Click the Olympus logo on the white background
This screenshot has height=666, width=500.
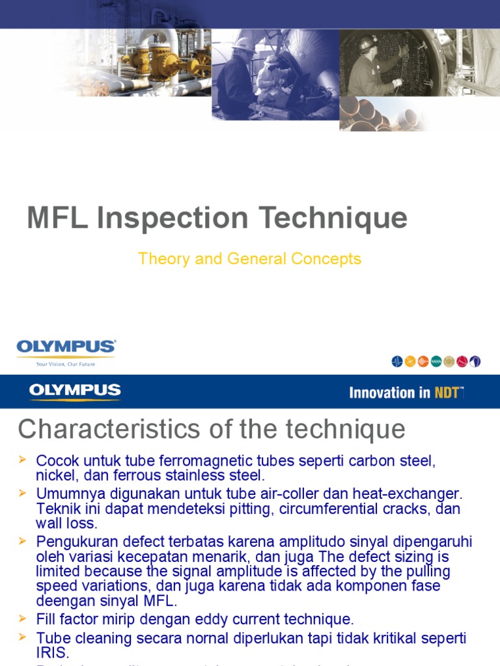click(x=66, y=347)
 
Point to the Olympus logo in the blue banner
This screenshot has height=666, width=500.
click(x=74, y=392)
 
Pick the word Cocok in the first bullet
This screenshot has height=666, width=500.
click(x=55, y=461)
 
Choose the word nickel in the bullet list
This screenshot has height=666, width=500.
click(x=55, y=475)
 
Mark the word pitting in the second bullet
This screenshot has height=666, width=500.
click(x=252, y=509)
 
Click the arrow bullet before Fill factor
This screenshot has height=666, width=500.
click(x=23, y=617)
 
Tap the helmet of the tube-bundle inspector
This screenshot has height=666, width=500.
click(x=368, y=43)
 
